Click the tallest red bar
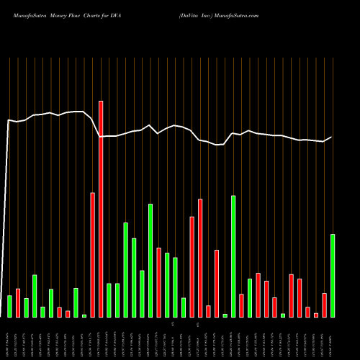101,209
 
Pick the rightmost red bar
324,305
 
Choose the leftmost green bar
9,306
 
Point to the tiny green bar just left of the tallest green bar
225,315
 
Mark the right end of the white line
332,137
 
